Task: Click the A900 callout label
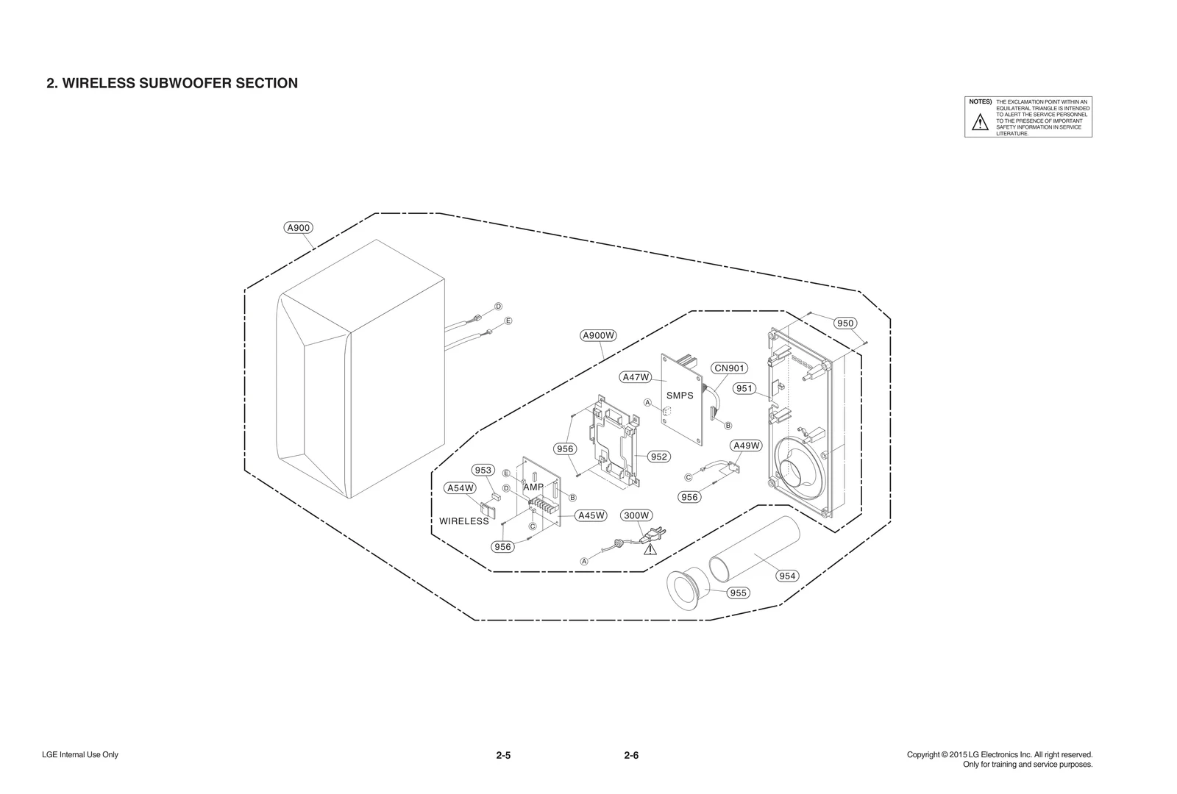298,228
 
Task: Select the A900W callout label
598,336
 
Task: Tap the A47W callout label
636,377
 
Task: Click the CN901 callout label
729,368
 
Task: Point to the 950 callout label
845,323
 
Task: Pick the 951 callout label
744,389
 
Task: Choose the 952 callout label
659,457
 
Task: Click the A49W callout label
747,446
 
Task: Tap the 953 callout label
483,471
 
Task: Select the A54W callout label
461,488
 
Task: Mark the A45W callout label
591,515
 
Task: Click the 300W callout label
636,515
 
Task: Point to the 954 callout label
787,576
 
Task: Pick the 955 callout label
738,593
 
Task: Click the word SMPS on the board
680,396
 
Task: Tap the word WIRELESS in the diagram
464,521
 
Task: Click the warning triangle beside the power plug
650,548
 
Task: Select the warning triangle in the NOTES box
980,124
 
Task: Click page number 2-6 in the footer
631,755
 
